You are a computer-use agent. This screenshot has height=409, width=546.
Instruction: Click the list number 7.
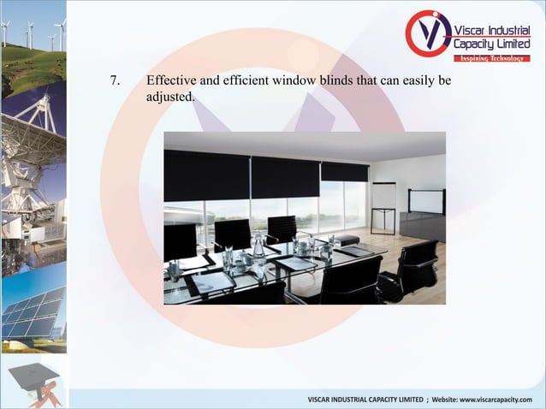115,81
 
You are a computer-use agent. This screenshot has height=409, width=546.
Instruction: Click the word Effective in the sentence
172,81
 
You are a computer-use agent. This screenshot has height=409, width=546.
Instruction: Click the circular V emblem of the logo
427,34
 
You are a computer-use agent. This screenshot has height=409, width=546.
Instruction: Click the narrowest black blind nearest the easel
344,171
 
